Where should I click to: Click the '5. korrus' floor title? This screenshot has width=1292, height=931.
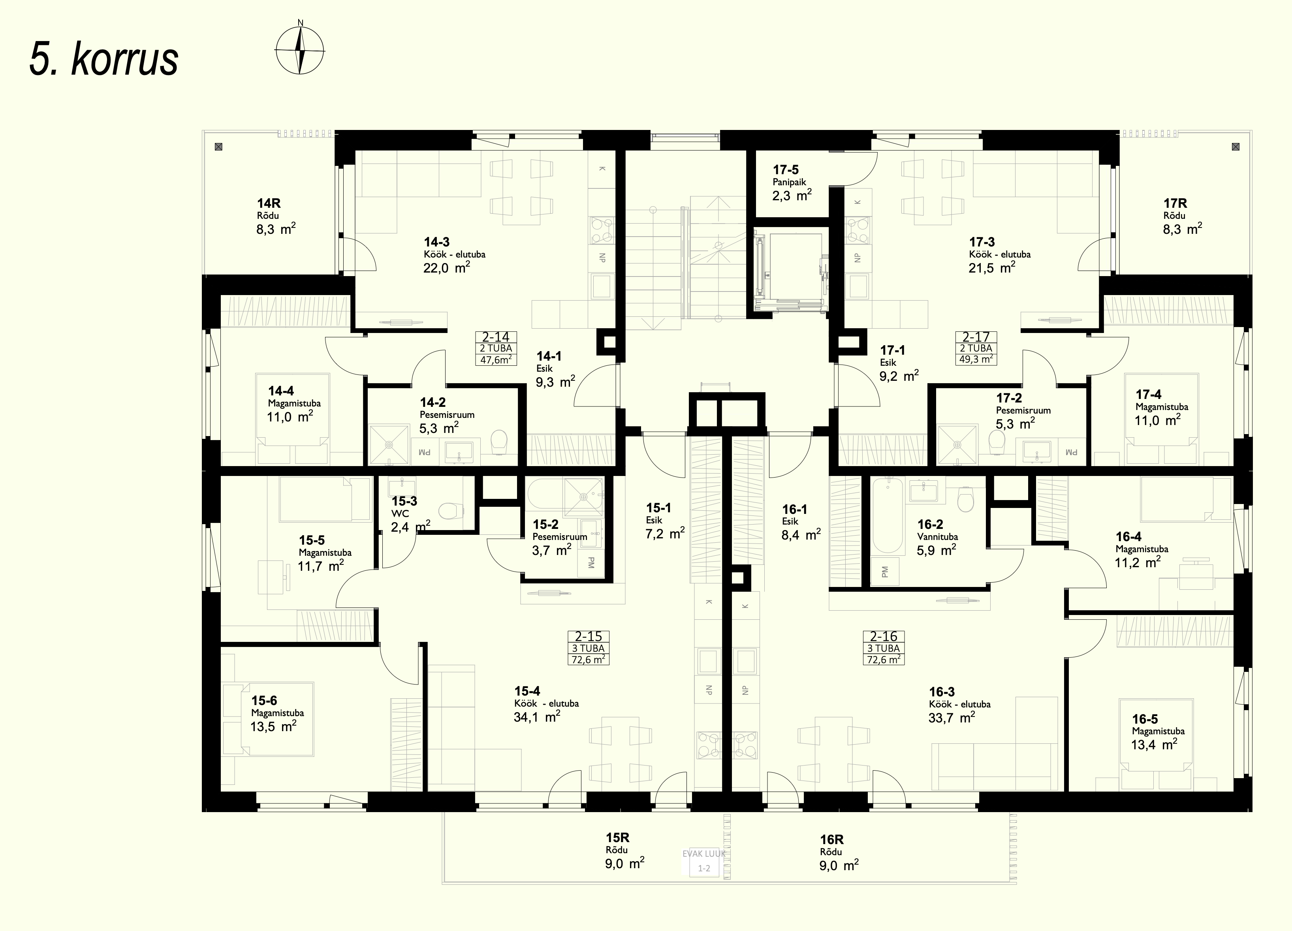(x=103, y=59)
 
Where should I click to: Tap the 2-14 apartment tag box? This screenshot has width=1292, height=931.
(x=496, y=348)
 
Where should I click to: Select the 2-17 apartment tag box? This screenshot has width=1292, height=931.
(x=976, y=348)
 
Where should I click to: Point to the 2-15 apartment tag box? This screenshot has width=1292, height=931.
(x=588, y=648)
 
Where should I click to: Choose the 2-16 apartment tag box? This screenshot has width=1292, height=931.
(x=884, y=648)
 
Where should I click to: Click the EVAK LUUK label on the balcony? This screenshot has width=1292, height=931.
(x=704, y=854)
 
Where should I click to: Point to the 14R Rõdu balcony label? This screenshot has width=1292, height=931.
(x=276, y=216)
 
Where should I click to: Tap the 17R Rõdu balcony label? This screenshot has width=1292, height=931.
(x=1183, y=216)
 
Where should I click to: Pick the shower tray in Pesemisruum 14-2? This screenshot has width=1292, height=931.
(x=389, y=444)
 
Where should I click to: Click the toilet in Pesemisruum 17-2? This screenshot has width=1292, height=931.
(x=997, y=442)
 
